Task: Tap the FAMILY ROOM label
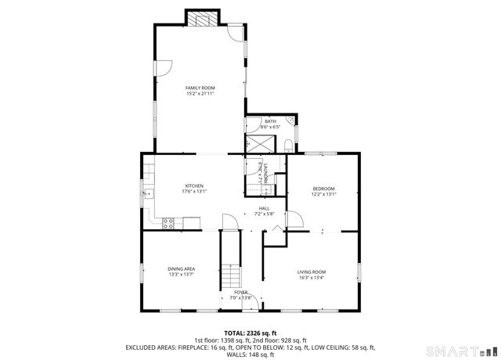(x=200, y=88)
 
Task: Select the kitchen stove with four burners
(x=168, y=223)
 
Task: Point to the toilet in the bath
(x=288, y=143)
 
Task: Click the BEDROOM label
(x=323, y=189)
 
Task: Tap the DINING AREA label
(x=181, y=269)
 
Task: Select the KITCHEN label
(x=194, y=185)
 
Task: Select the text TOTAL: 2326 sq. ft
(x=250, y=333)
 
